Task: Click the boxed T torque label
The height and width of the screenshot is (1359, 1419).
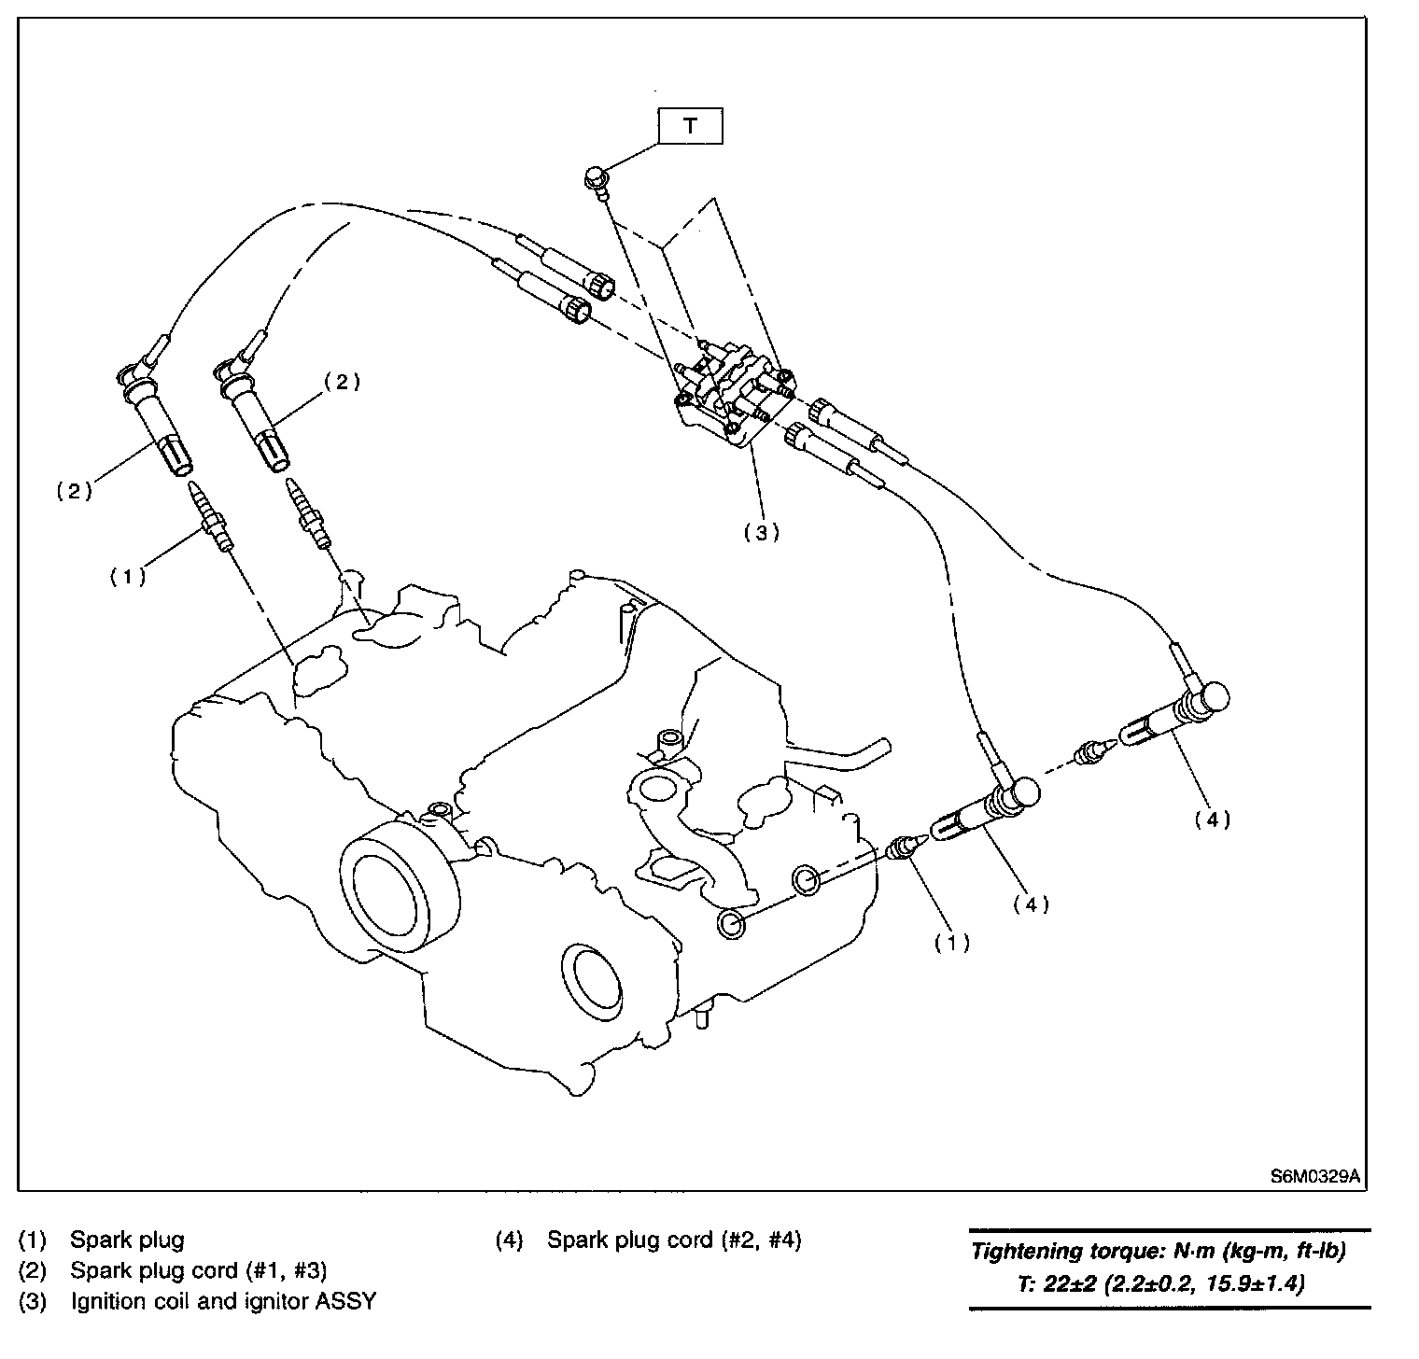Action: (x=690, y=127)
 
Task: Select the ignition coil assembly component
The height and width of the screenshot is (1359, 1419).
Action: (x=733, y=392)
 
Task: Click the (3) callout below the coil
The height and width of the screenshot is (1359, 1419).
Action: (x=761, y=532)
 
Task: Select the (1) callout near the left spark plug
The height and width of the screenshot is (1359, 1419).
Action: (x=127, y=576)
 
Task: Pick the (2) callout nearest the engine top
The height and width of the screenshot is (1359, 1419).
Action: (x=342, y=382)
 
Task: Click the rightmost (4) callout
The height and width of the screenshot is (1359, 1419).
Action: (x=1212, y=820)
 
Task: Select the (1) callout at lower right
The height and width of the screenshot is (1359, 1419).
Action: (x=952, y=943)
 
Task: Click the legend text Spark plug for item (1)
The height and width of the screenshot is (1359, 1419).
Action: (x=127, y=1240)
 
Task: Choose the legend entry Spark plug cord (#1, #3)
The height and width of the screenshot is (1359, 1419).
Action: (x=199, y=1270)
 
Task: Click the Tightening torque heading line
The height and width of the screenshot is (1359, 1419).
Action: (x=1159, y=1252)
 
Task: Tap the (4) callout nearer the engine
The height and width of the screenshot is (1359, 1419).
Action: (x=1031, y=904)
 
